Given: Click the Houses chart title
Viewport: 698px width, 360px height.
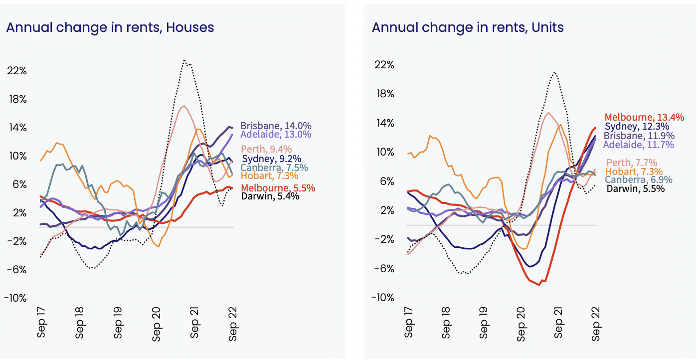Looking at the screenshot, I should [110, 27].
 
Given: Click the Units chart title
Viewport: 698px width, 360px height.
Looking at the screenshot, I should [468, 27].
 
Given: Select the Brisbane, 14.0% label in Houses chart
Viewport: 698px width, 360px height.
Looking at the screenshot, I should [276, 126].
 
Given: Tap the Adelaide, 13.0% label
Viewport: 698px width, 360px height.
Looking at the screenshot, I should [276, 135].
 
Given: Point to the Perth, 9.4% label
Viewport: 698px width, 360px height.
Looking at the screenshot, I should [266, 150].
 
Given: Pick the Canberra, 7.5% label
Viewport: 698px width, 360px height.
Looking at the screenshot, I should [274, 168].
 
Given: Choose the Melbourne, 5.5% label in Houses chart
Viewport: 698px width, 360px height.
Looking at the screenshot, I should [278, 188].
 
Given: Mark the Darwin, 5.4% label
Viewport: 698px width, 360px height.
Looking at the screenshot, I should [270, 196].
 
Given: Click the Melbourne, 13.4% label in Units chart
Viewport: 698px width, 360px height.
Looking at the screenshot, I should [644, 117].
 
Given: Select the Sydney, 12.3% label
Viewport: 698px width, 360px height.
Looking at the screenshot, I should [637, 127].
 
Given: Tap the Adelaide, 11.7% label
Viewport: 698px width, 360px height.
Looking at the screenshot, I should [638, 145].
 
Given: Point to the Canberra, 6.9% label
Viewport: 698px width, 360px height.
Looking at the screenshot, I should [639, 180].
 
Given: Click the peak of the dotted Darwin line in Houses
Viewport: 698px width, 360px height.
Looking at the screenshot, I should [184, 60].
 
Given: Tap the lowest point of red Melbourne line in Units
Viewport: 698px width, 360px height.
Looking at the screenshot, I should [538, 285].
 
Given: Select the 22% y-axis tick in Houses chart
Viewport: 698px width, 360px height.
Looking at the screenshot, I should [17, 71].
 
